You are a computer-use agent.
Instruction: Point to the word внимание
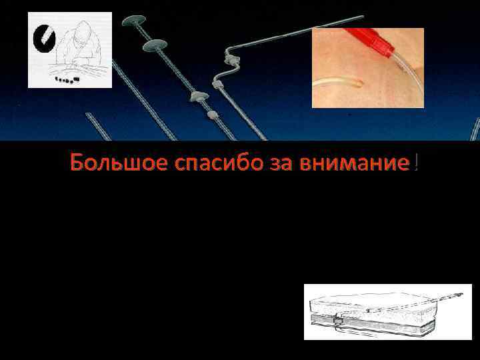(x=341, y=163)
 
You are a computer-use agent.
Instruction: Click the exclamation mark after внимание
(x=415, y=163)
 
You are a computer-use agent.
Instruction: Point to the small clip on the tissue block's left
(x=337, y=321)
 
